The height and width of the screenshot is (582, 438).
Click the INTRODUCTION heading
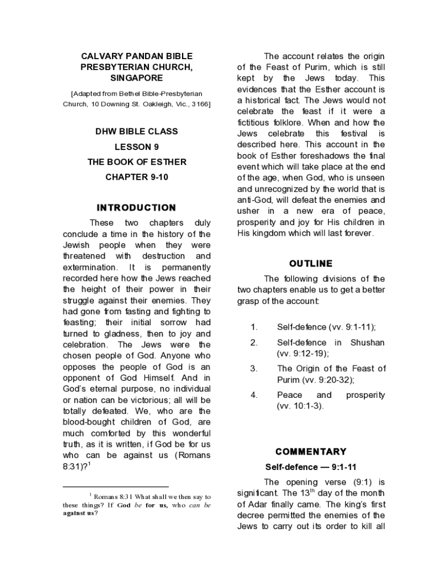(x=137, y=207)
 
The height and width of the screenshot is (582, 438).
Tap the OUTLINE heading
(x=311, y=264)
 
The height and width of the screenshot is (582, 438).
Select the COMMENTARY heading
(x=311, y=452)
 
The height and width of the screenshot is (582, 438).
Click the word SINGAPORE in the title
(x=137, y=77)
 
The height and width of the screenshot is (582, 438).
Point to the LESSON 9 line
(x=137, y=147)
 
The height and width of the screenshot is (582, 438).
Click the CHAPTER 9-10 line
(x=137, y=177)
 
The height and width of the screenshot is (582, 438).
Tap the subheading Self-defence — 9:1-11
(x=311, y=467)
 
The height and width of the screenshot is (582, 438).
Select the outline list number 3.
(x=254, y=369)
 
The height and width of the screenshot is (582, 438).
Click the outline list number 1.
(x=254, y=327)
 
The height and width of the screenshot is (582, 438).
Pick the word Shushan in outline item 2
(x=367, y=343)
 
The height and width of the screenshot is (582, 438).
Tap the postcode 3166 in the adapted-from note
(x=200, y=105)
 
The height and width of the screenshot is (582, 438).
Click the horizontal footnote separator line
(x=115, y=487)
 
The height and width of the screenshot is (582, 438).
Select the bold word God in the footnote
(x=125, y=505)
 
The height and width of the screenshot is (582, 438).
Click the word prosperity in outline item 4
(x=365, y=395)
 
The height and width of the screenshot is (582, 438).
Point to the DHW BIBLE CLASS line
(x=137, y=131)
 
